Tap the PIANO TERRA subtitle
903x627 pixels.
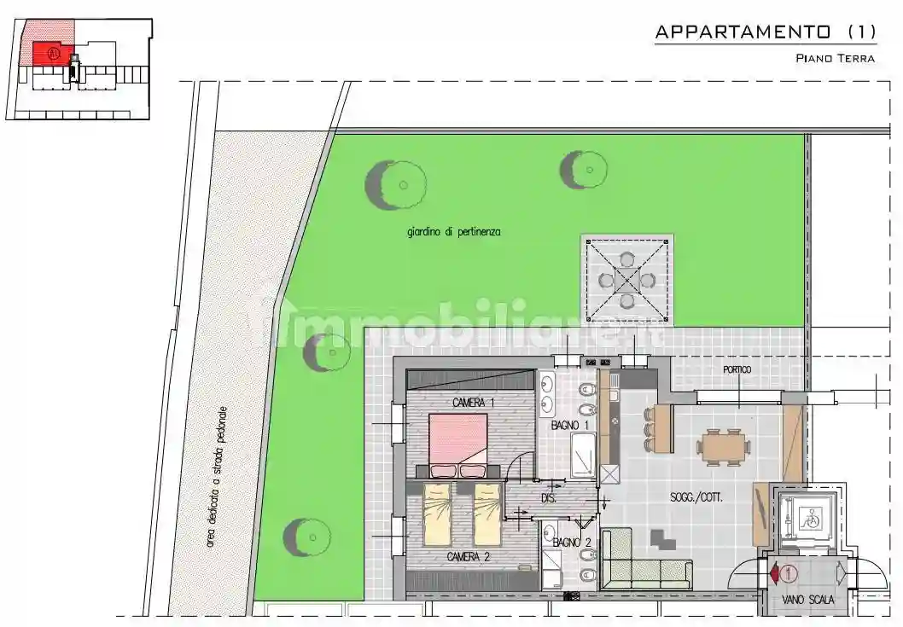tap(835, 58)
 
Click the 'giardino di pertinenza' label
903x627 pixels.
tap(453, 231)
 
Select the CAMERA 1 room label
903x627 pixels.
tap(473, 403)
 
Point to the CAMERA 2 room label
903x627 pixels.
tap(468, 557)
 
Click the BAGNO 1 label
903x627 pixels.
tap(570, 425)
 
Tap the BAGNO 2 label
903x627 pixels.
tap(571, 543)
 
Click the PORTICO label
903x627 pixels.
tap(737, 369)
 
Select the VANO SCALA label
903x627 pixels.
tap(808, 600)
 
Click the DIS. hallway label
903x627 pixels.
tap(549, 498)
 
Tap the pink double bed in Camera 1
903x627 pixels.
tap(457, 441)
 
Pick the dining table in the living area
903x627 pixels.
tap(725, 445)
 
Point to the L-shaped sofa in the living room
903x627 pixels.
tap(640, 567)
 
